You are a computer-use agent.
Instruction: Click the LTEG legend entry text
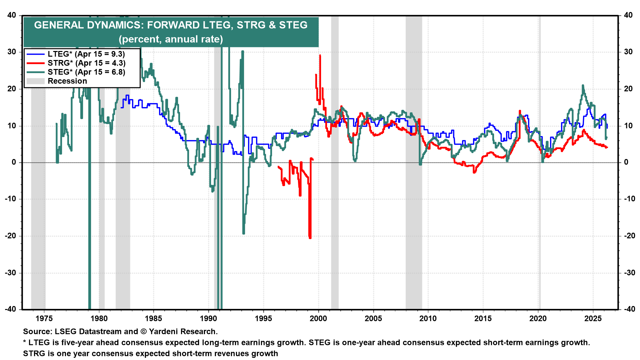click(86, 54)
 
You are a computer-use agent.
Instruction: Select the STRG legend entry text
click(86, 63)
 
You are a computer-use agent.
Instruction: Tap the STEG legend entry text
click(86, 72)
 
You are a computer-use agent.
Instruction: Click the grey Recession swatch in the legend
click(35, 81)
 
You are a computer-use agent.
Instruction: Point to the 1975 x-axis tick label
click(44, 318)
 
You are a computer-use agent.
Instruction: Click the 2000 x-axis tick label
click(318, 318)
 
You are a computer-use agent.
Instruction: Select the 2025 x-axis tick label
click(593, 318)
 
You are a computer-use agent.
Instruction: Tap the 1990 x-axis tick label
click(208, 318)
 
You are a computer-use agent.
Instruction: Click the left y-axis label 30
click(12, 52)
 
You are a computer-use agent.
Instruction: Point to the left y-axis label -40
click(10, 309)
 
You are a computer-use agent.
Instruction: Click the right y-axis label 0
click(626, 162)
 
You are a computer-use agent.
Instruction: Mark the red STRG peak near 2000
click(320, 56)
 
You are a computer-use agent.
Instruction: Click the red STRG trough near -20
click(310, 237)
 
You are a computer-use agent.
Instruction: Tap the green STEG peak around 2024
click(583, 86)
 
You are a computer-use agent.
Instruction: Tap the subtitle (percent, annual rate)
click(171, 39)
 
